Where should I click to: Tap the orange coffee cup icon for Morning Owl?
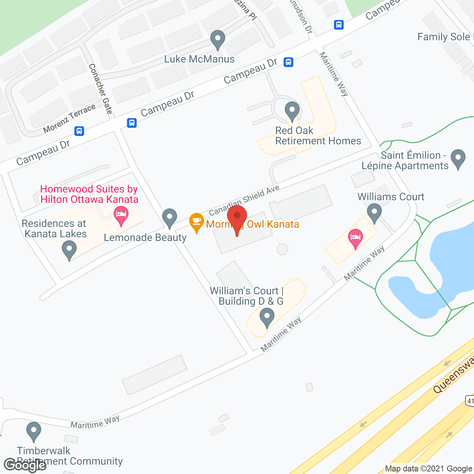pos(196,221)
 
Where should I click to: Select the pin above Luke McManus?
pos(218,39)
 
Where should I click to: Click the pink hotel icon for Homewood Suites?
pos(121,215)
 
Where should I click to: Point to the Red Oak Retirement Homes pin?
pos(292,110)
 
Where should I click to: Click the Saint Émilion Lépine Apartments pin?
pos(458,158)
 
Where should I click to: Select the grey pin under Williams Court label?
pos(374,213)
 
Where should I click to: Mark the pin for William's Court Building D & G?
pos(267,317)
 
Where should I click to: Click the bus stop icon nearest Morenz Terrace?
pos(79,131)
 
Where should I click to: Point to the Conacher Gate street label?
pos(100,89)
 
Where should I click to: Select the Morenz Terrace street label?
pos(69,118)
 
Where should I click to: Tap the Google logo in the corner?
pos(25,465)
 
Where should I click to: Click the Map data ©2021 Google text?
pos(429,469)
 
